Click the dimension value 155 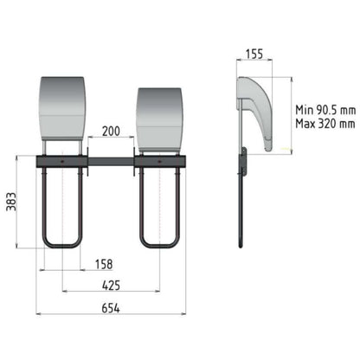click(x=254, y=54)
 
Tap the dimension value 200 click(x=111, y=131)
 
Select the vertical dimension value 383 click(x=11, y=202)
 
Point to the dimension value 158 click(x=104, y=264)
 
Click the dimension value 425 click(x=111, y=286)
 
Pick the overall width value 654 click(x=111, y=308)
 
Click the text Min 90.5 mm click(x=325, y=110)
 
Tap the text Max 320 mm click(x=325, y=124)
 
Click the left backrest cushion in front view click(x=62, y=108)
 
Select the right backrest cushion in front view click(x=159, y=119)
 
